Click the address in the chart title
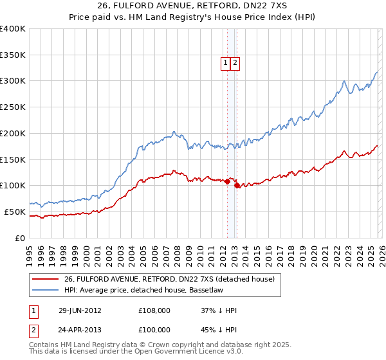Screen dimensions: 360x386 (x=193, y=6)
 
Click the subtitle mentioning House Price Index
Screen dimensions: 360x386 (x=193, y=19)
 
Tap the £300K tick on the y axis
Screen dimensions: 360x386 (x=13, y=81)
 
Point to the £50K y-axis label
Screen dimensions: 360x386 (x=15, y=212)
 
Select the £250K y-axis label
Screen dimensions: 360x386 (x=13, y=107)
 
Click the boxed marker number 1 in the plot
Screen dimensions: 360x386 (x=226, y=63)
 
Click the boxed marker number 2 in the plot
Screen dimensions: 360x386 (x=235, y=63)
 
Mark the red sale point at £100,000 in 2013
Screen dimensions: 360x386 (x=237, y=186)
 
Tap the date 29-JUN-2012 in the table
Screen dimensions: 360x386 (x=79, y=310)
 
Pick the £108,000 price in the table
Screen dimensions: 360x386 (x=155, y=310)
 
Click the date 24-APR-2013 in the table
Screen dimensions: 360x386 (x=79, y=329)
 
